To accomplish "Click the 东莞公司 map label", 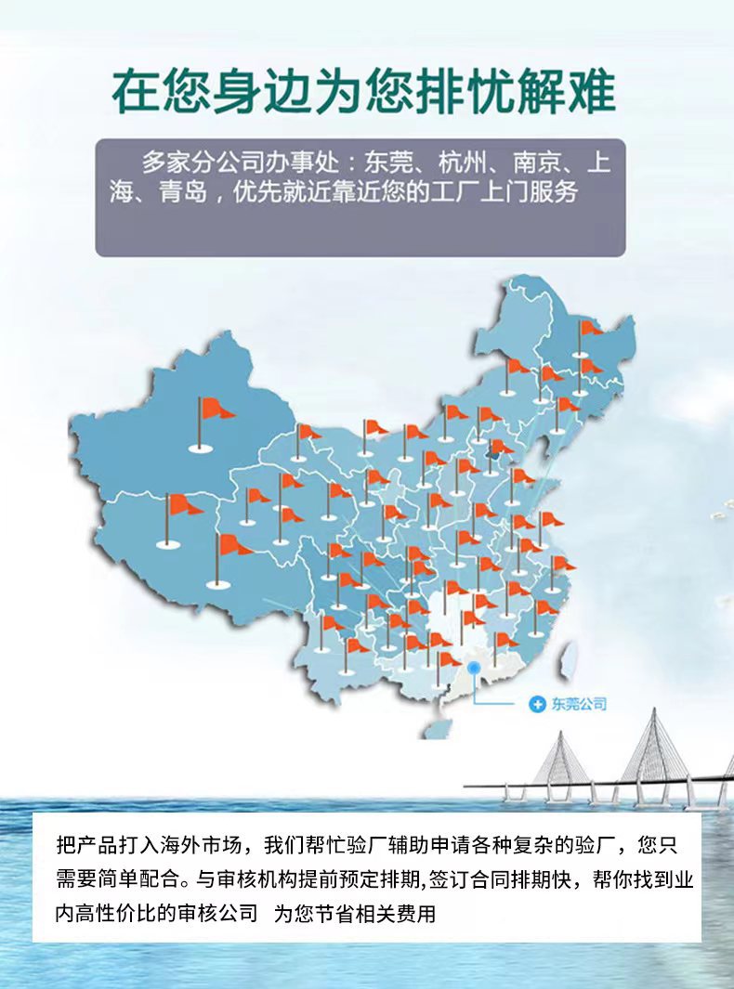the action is click(x=578, y=704).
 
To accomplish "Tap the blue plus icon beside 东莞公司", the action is click(x=536, y=704).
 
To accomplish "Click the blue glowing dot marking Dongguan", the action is click(x=475, y=667).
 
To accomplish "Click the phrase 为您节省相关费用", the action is click(x=354, y=913).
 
